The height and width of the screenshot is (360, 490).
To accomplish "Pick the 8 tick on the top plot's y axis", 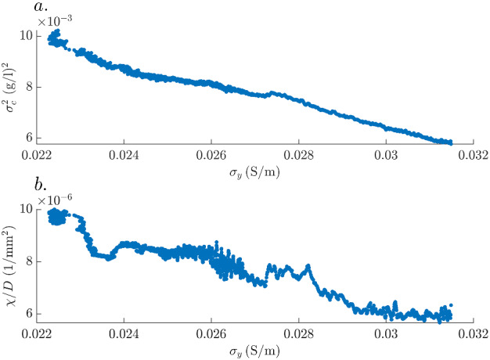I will pyautogui.click(x=29, y=88).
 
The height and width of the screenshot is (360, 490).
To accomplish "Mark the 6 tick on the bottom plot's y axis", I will pyautogui.click(x=29, y=313).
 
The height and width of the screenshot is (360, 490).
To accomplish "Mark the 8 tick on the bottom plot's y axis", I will pyautogui.click(x=29, y=261).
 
